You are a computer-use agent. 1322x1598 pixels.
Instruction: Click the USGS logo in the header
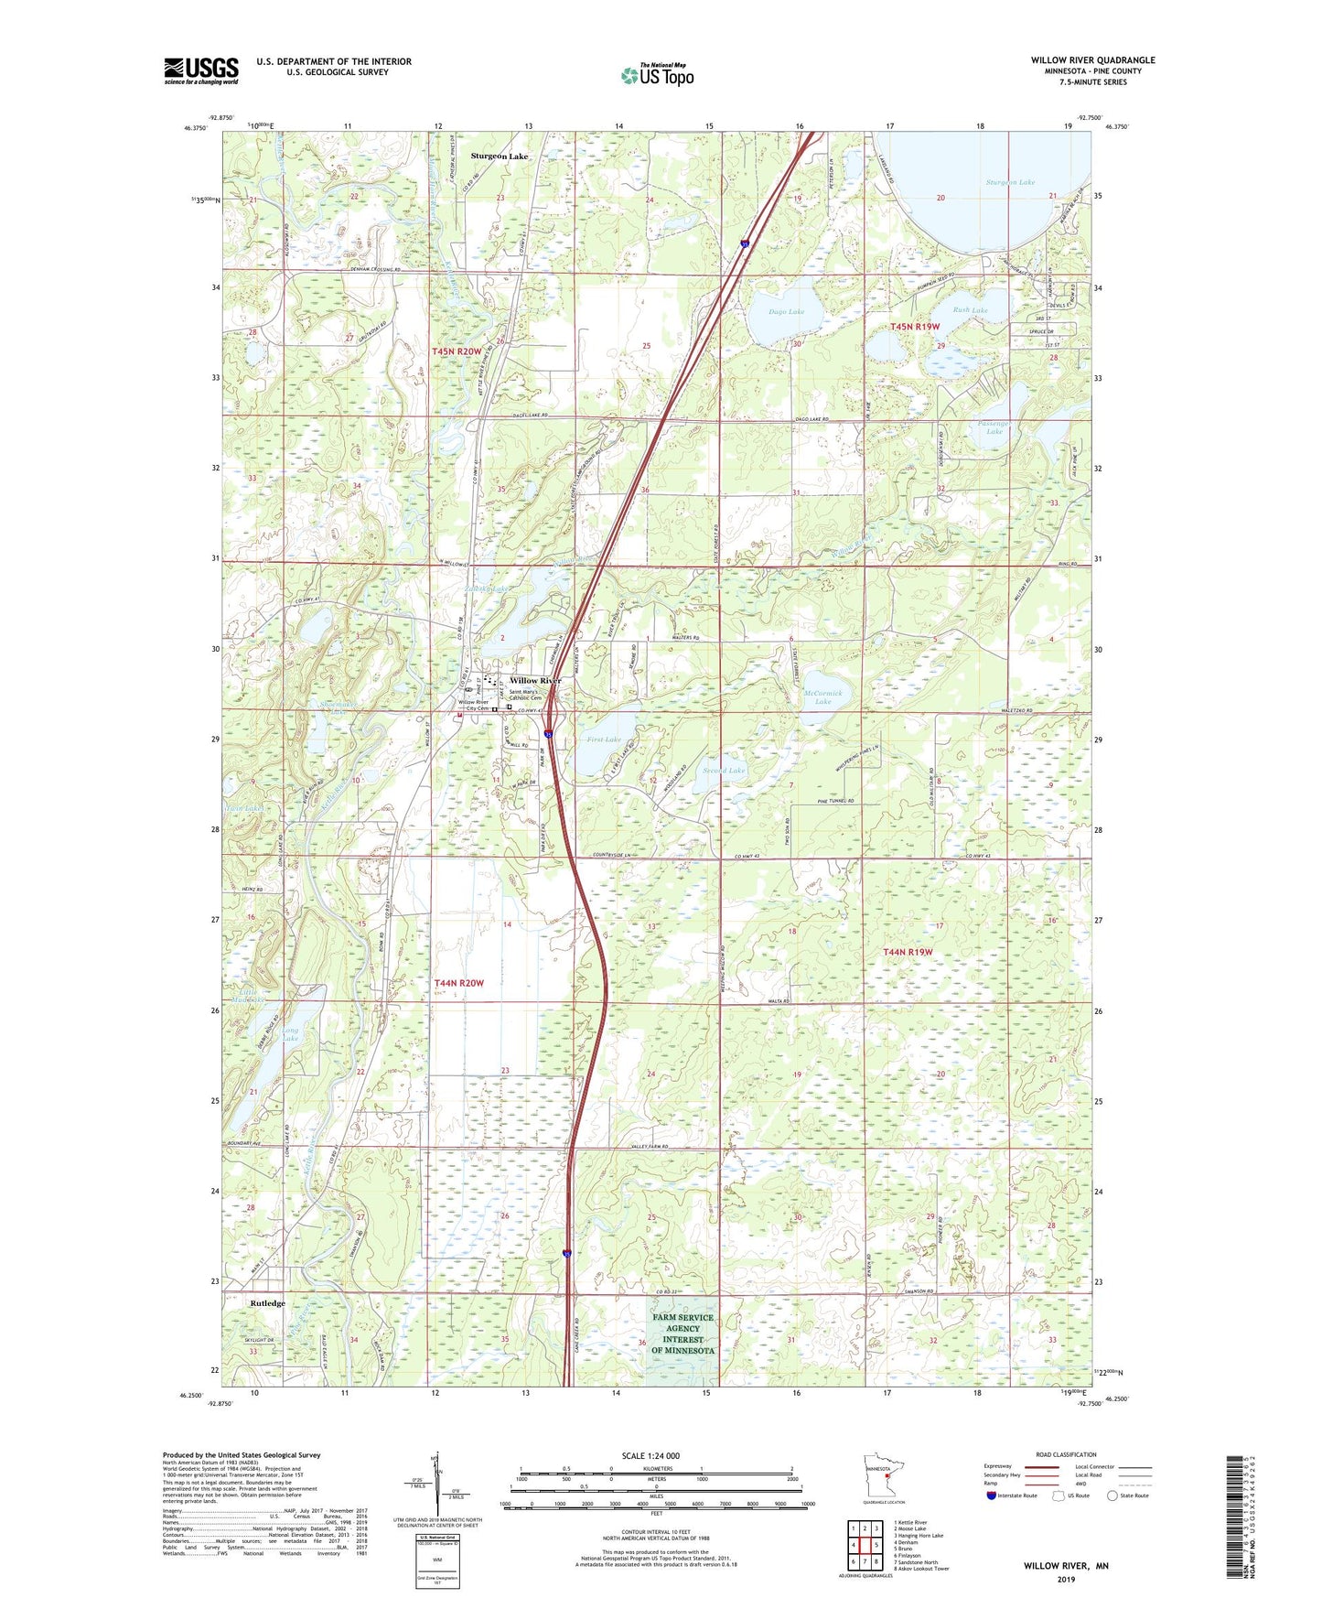(x=200, y=70)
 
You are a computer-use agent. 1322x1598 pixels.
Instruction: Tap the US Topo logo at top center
(x=655, y=75)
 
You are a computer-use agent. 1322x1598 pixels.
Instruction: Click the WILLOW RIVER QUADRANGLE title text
(x=1092, y=60)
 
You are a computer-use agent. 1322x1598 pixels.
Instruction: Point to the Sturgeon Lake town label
(x=499, y=157)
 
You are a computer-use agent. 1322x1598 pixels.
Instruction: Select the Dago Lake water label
(x=786, y=312)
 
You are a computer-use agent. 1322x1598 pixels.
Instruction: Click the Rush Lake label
(x=970, y=310)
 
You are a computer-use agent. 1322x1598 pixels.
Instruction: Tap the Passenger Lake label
(x=994, y=427)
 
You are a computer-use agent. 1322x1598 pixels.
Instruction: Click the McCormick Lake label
(x=823, y=697)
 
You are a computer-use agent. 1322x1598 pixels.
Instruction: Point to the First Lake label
(x=604, y=740)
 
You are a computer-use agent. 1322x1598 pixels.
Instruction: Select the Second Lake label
(x=725, y=771)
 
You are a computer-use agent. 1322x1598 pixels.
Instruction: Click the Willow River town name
(x=535, y=681)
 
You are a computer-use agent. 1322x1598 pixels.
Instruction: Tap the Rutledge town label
(x=267, y=1303)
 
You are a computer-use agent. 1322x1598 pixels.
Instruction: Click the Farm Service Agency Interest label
(x=682, y=1333)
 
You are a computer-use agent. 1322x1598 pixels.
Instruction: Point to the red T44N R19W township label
(x=908, y=953)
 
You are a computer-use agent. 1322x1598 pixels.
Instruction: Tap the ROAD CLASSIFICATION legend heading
(x=1066, y=1454)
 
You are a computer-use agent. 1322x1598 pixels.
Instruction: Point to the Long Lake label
(x=290, y=1034)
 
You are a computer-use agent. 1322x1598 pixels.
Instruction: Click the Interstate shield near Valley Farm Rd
(x=567, y=1254)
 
